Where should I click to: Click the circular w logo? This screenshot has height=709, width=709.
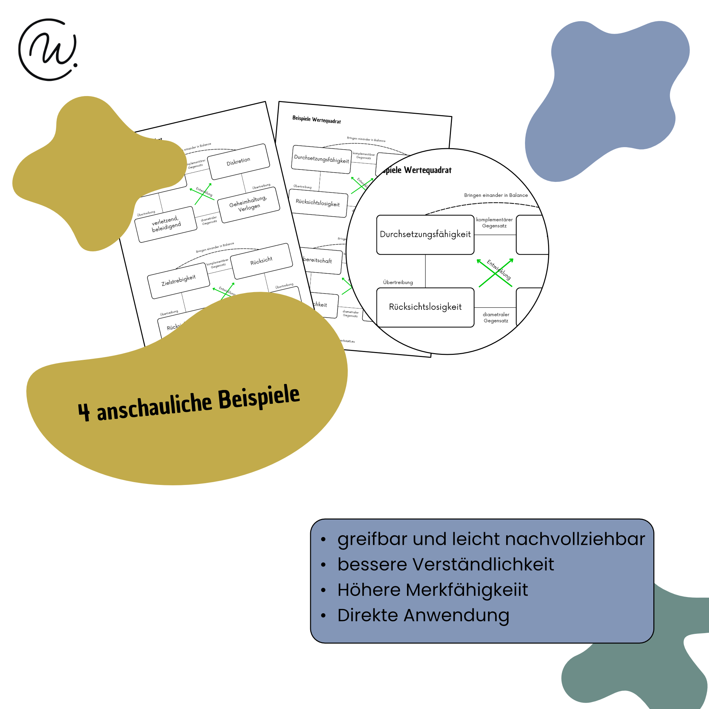tap(49, 50)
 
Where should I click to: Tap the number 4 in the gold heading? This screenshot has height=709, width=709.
tap(84, 412)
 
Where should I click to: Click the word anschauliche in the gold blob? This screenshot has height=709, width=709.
tap(155, 406)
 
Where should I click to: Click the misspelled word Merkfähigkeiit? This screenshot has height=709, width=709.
tap(467, 590)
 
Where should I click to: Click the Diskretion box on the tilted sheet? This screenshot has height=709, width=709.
tap(239, 161)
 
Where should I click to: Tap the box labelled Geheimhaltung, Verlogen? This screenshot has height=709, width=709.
tap(249, 205)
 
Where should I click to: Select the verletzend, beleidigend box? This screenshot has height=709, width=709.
tap(166, 224)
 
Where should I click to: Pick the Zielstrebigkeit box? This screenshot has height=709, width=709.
tap(178, 281)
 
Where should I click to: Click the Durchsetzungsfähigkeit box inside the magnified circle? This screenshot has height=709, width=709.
tap(425, 234)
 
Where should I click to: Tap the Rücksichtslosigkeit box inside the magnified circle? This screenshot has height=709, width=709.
tap(425, 307)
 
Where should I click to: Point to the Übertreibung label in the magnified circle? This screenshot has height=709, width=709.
tap(398, 282)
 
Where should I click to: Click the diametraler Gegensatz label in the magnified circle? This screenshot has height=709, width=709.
tap(496, 317)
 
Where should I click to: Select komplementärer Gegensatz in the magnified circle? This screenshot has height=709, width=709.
tap(494, 223)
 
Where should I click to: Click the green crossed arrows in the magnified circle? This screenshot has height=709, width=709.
tap(495, 273)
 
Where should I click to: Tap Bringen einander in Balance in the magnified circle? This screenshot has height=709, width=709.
tap(496, 195)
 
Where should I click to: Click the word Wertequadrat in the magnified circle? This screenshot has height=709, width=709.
tap(428, 170)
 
